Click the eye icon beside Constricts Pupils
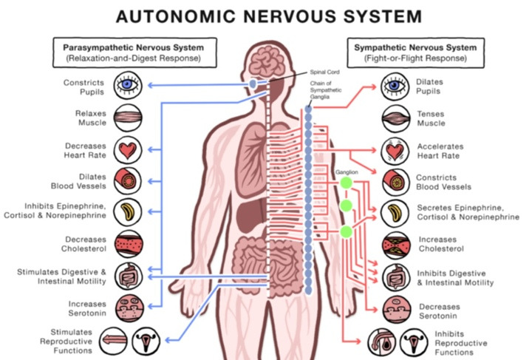pyautogui.click(x=128, y=85)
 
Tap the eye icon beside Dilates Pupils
pyautogui.click(x=395, y=86)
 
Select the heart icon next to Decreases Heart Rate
pyautogui.click(x=128, y=150)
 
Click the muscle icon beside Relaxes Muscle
pyautogui.click(x=128, y=118)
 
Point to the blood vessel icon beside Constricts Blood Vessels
pyautogui.click(x=395, y=182)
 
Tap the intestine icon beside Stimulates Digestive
pyautogui.click(x=129, y=276)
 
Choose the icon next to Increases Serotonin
pyautogui.click(x=129, y=308)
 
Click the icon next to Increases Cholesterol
pyautogui.click(x=396, y=245)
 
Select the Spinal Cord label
pyautogui.click(x=324, y=72)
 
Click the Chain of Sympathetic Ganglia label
pyautogui.click(x=326, y=90)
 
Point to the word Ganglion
pyautogui.click(x=347, y=172)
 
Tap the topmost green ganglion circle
pyautogui.click(x=346, y=183)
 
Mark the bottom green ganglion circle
pyautogui.click(x=346, y=231)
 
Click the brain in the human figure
pyautogui.click(x=267, y=61)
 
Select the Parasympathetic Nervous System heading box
pyautogui.click(x=134, y=52)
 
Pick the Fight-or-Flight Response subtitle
pyautogui.click(x=415, y=58)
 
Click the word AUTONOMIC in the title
pyautogui.click(x=176, y=16)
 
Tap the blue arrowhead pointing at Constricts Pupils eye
pyautogui.click(x=151, y=85)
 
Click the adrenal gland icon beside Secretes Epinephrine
pyautogui.click(x=395, y=214)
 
